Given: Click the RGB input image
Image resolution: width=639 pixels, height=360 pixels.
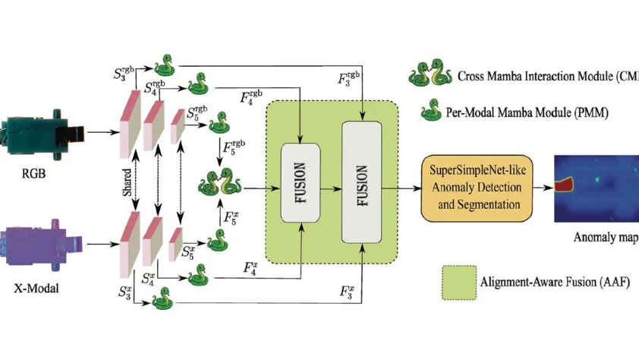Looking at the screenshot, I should pos(42,136).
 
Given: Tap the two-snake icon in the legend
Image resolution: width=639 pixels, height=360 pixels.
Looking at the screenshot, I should pos(427,76).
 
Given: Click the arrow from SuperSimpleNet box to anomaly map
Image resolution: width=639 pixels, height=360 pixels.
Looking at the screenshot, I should pos(541,185).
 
